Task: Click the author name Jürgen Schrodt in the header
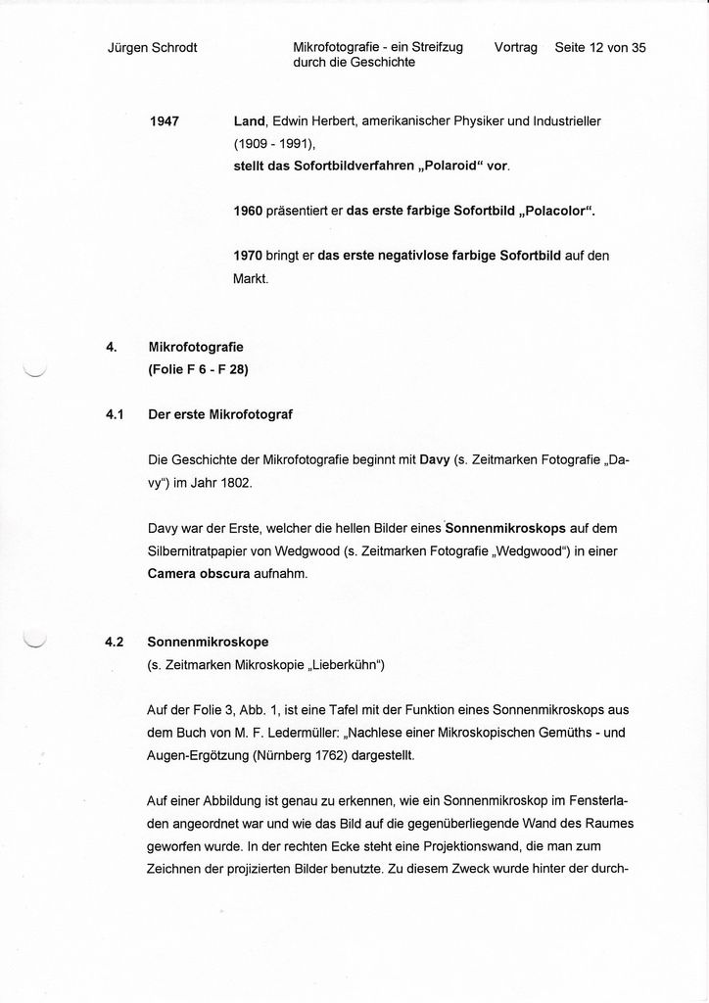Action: click(152, 48)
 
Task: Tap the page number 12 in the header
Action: click(593, 47)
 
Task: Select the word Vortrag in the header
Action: click(516, 47)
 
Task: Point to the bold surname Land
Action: click(249, 121)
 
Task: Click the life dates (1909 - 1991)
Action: click(274, 143)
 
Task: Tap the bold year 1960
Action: click(248, 211)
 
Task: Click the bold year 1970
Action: click(248, 256)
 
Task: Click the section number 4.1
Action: click(115, 414)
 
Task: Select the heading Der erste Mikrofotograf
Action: click(220, 414)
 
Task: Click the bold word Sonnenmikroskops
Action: click(505, 528)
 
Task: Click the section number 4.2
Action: click(115, 643)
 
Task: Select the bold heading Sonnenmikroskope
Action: click(208, 643)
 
